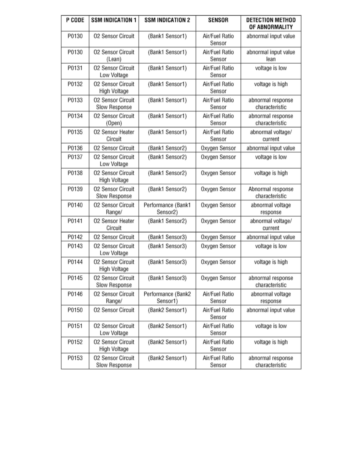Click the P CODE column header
tap(75, 20)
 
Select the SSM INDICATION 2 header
tap(167, 20)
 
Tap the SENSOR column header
tap(218, 20)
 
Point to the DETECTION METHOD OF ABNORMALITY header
tap(271, 24)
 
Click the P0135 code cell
tap(75, 132)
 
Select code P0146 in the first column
tap(75, 294)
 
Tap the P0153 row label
tap(75, 358)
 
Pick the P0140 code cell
tap(75, 205)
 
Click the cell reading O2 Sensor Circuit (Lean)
tap(114, 56)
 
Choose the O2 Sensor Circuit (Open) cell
tap(114, 120)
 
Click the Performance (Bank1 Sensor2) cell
tap(167, 209)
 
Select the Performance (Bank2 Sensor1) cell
tap(167, 298)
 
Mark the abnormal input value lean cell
tap(271, 56)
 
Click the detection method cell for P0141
tap(271, 224)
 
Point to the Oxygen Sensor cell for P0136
tap(218, 148)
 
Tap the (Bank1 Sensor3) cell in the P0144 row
tap(167, 262)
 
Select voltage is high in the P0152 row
tap(271, 342)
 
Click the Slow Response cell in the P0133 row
tap(114, 104)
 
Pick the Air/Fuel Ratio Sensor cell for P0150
tap(218, 313)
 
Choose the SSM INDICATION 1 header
tap(114, 20)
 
